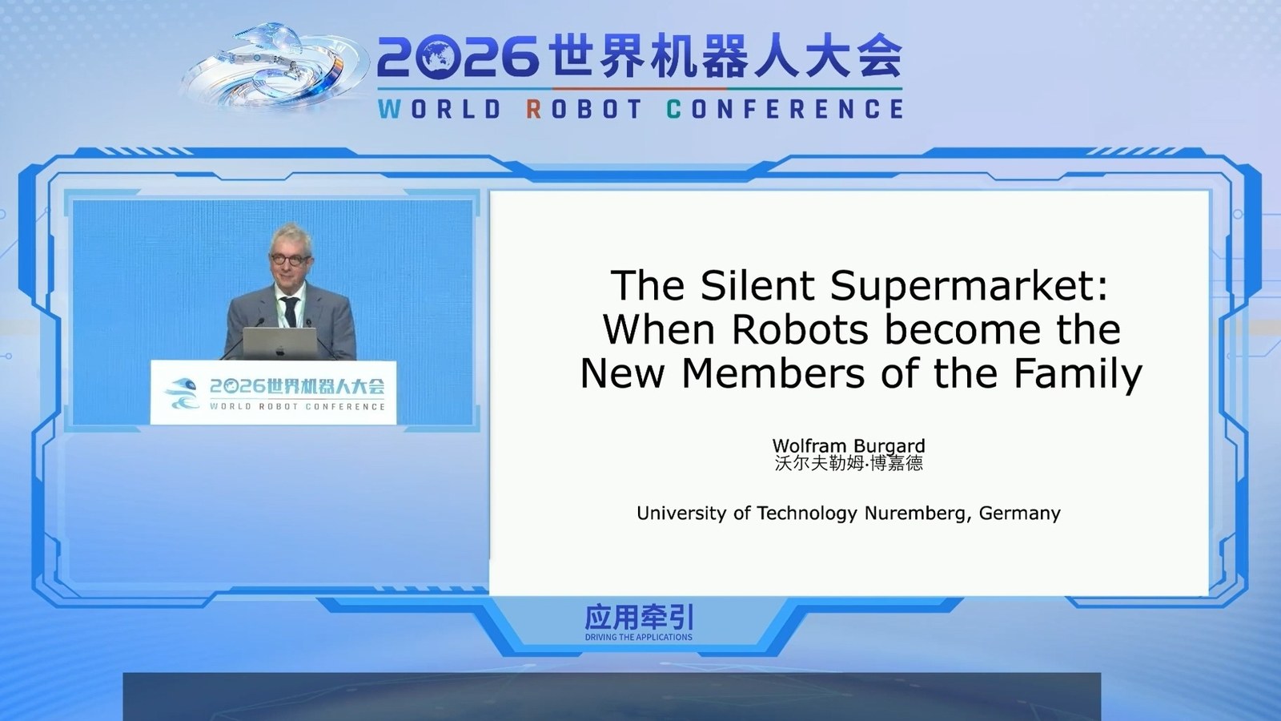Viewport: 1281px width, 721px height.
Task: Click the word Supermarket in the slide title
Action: pos(969,285)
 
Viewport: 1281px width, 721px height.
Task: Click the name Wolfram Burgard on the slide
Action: pos(849,445)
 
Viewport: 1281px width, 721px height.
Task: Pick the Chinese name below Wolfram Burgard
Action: pos(849,463)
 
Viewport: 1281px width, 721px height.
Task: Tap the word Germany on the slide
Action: pos(1020,514)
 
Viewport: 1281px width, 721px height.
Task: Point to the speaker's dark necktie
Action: pos(291,312)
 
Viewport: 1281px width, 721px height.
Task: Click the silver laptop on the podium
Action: pos(280,344)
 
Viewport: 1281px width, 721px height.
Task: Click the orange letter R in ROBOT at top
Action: pos(533,109)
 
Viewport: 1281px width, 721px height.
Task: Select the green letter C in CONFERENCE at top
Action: pos(673,109)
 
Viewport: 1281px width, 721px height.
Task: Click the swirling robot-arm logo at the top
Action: pos(275,67)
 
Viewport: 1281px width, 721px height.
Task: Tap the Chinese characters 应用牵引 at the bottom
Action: pos(639,618)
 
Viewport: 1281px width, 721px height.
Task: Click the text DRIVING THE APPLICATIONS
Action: pos(639,638)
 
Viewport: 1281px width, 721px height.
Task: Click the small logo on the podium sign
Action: pos(181,393)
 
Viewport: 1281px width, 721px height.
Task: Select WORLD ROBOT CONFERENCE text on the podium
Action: pos(297,407)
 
